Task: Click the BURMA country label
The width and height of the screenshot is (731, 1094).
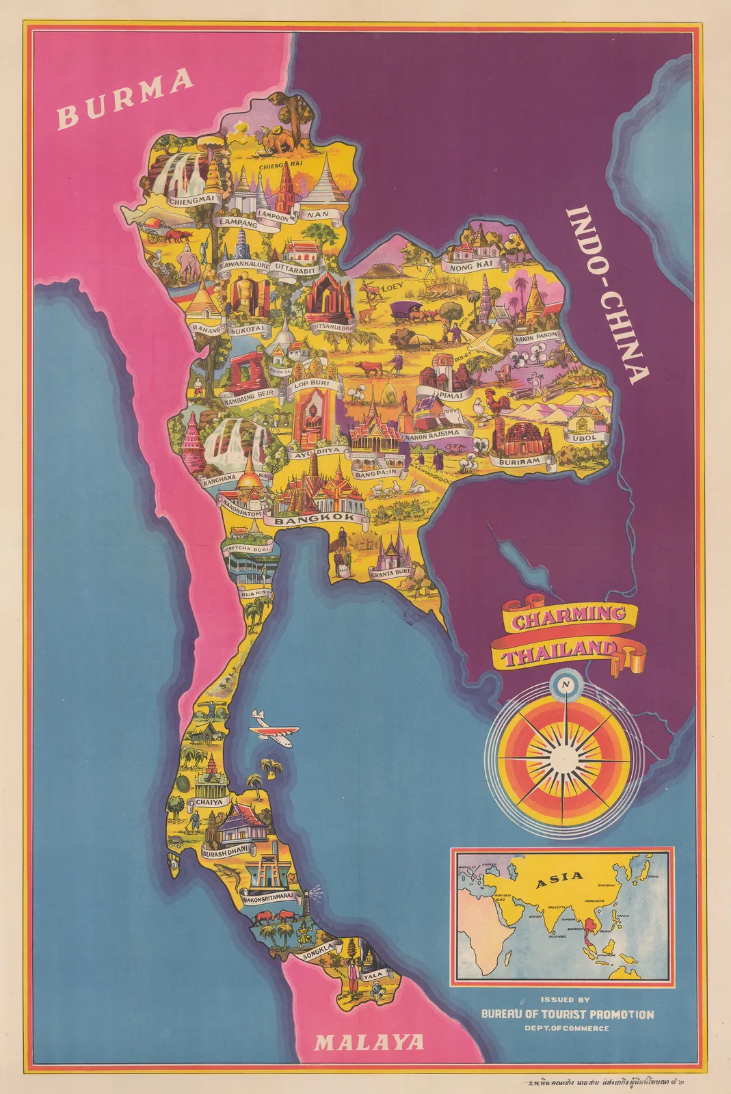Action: click(x=125, y=98)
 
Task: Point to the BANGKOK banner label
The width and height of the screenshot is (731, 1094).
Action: click(x=315, y=519)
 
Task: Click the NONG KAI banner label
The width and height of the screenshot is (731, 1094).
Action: click(x=470, y=267)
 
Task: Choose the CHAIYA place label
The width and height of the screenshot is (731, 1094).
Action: click(x=209, y=802)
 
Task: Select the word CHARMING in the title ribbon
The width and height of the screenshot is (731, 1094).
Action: click(x=569, y=615)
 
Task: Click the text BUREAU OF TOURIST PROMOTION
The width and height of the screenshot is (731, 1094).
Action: click(x=567, y=1014)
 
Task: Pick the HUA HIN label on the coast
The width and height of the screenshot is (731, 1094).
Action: click(x=254, y=593)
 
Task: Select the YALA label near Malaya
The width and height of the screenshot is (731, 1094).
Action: click(x=373, y=977)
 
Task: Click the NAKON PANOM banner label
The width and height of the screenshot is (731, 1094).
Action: click(x=536, y=336)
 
